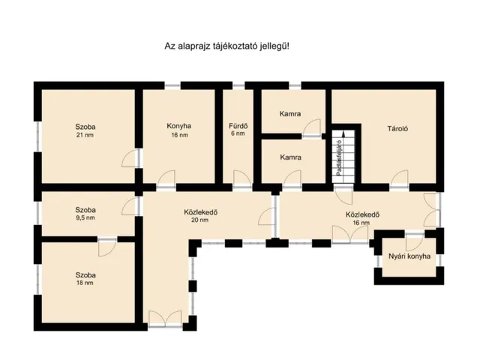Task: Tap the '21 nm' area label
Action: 85,135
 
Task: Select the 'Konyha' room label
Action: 179,126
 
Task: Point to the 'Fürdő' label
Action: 238,126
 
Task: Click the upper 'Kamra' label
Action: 290,114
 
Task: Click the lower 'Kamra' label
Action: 290,157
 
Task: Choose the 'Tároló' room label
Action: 397,128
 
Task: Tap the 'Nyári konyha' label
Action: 409,256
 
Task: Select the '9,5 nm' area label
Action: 85,218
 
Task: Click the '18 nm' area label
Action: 85,283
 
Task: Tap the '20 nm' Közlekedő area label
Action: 200,220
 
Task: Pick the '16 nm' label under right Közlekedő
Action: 361,223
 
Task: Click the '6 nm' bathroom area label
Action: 238,133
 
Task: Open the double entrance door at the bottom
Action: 165,319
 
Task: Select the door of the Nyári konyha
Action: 415,242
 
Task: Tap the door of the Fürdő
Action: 242,178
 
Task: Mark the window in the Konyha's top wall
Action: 172,85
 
